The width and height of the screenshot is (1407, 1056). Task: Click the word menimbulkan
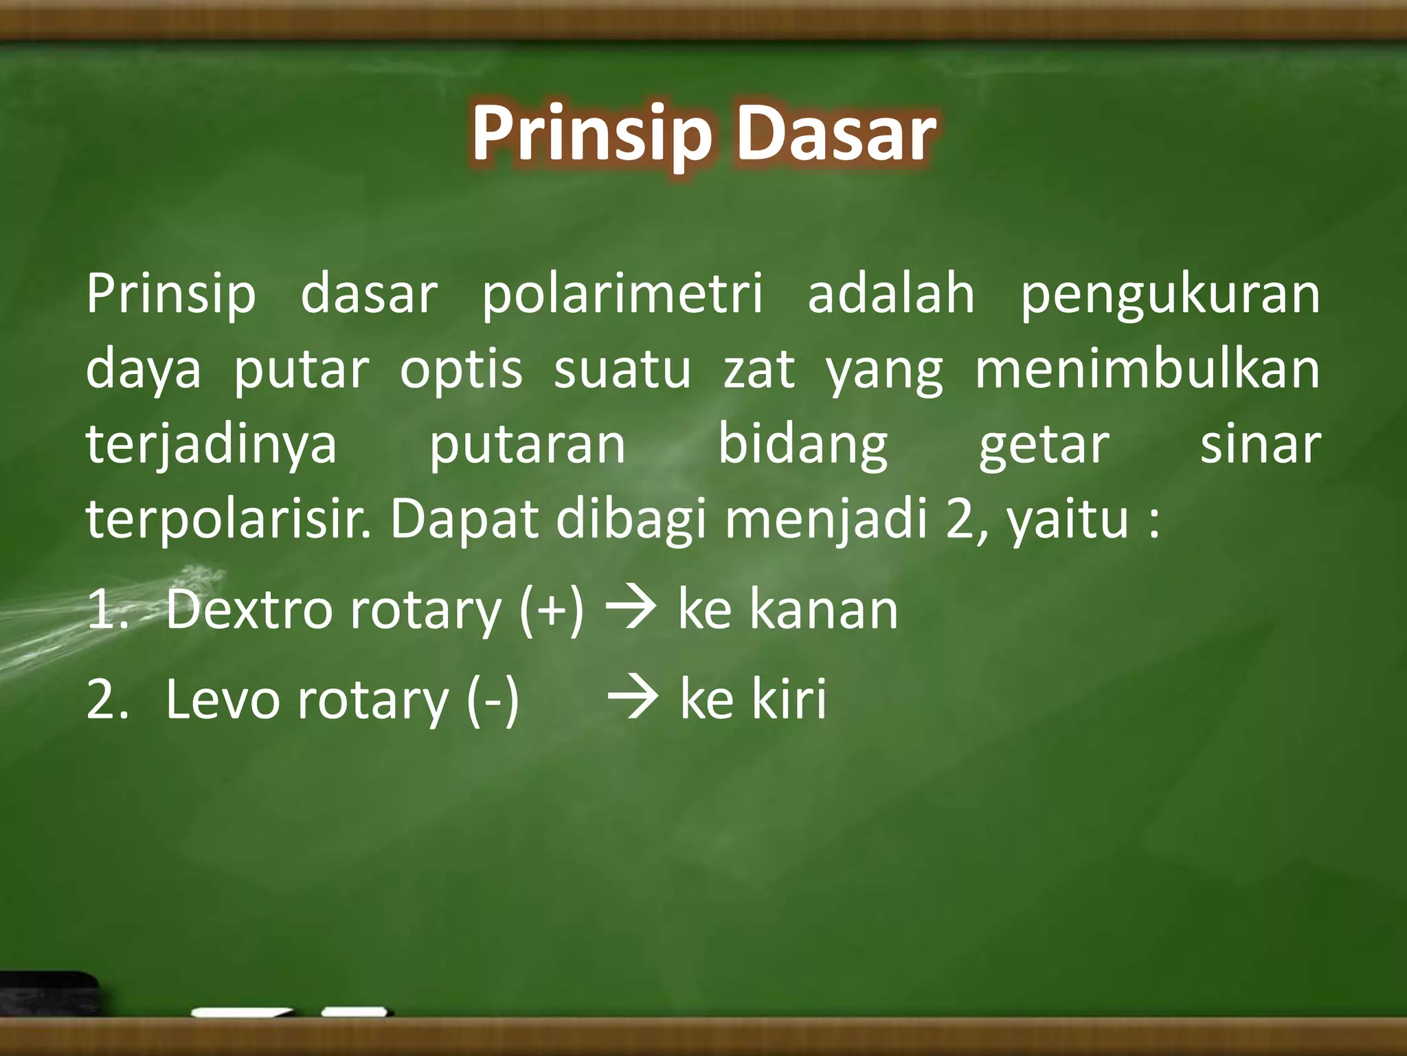click(x=1147, y=370)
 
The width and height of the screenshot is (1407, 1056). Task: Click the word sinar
click(x=1260, y=444)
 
